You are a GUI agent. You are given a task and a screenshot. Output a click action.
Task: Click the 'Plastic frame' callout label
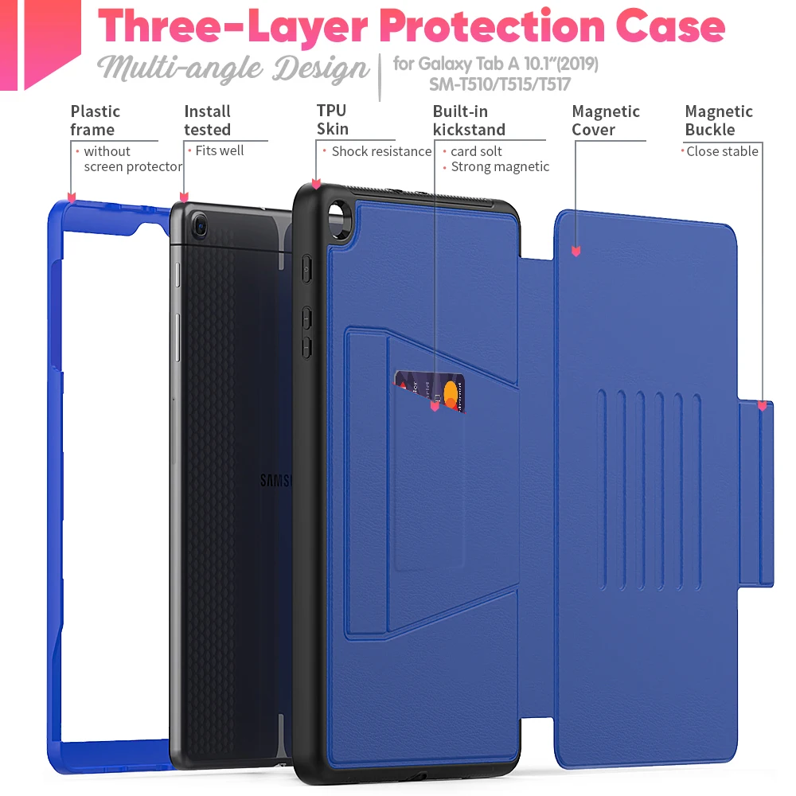click(x=95, y=120)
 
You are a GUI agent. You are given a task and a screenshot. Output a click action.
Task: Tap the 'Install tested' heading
click(x=207, y=120)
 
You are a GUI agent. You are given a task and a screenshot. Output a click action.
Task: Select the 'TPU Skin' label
click(x=333, y=120)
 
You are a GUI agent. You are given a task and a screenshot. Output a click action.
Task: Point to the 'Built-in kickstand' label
click(x=469, y=120)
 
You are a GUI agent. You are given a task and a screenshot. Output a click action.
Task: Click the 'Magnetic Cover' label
click(x=606, y=120)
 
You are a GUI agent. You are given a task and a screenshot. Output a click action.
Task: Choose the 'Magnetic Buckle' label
click(x=719, y=120)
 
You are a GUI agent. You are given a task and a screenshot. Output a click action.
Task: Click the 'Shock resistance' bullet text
click(x=381, y=151)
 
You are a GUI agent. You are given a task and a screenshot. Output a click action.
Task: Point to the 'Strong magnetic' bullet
click(x=500, y=166)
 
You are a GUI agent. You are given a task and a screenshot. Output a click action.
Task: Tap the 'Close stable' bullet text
click(x=722, y=151)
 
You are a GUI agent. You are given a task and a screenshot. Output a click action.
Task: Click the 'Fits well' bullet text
click(x=220, y=150)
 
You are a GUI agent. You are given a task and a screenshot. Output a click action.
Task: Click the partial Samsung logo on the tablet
click(x=276, y=481)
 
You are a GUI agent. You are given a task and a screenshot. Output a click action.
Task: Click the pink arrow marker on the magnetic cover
click(x=576, y=252)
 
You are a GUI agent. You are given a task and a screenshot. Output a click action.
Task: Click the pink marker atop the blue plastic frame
click(x=72, y=197)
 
